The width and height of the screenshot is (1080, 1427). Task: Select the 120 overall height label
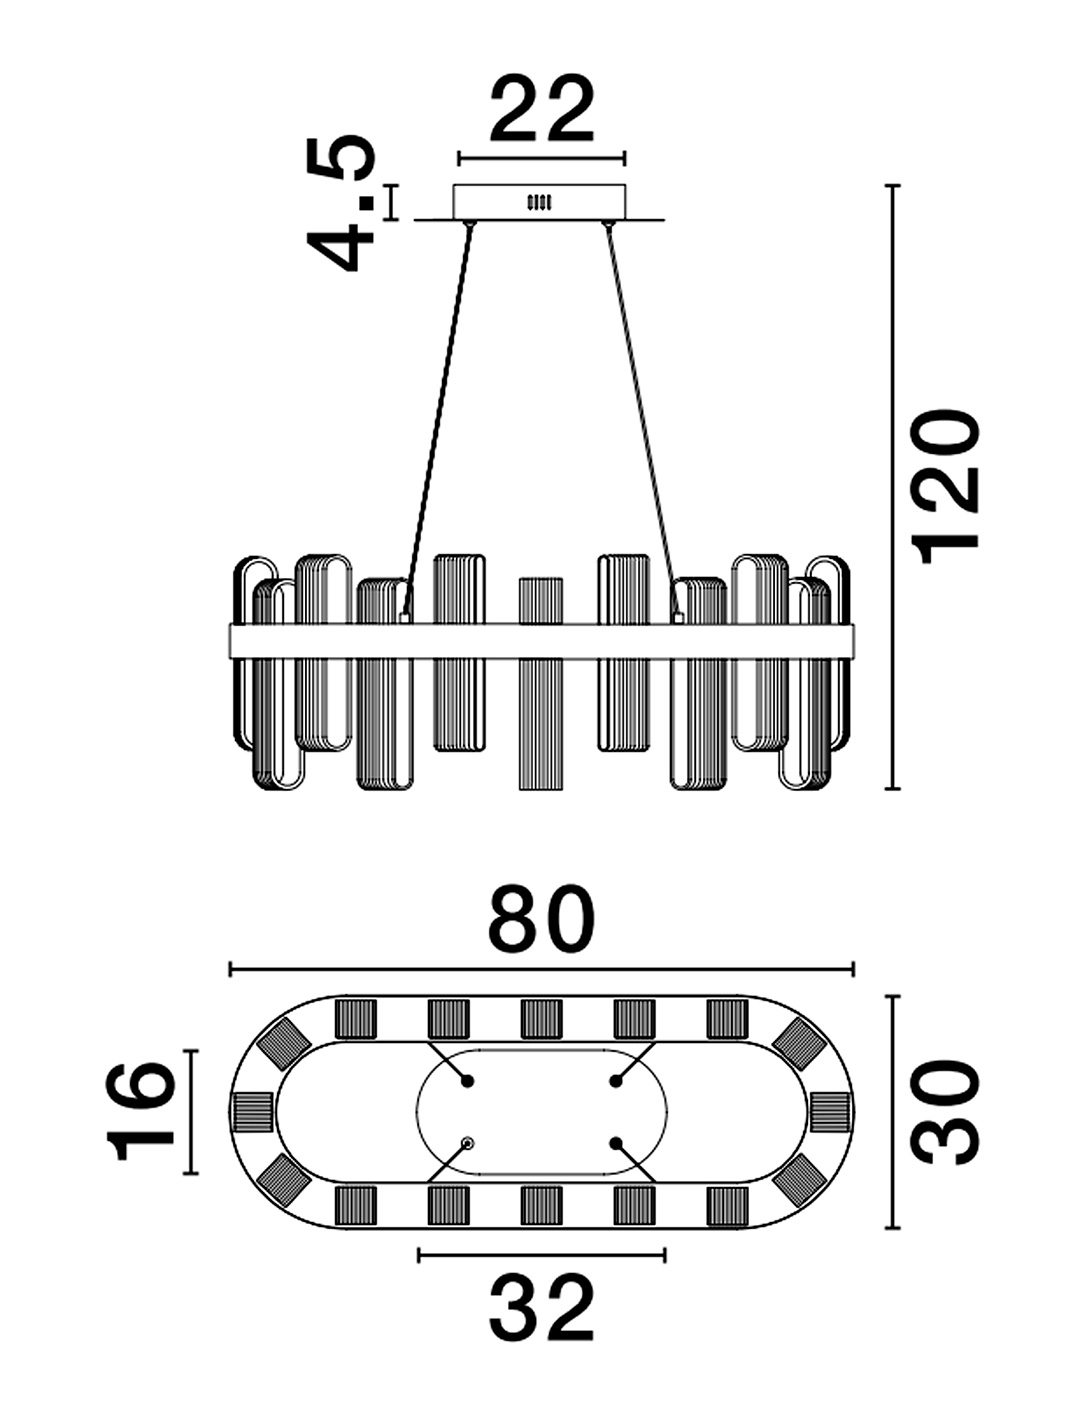click(x=945, y=486)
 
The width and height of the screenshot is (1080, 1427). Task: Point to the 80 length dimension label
click(x=541, y=919)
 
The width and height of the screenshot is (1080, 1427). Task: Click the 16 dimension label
click(x=140, y=1112)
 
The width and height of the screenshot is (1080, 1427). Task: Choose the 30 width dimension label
click(x=945, y=1112)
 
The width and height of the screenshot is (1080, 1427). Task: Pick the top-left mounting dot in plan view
click(x=467, y=1081)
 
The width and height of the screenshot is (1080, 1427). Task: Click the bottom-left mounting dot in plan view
click(x=467, y=1143)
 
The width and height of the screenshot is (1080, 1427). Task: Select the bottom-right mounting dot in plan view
click(x=615, y=1143)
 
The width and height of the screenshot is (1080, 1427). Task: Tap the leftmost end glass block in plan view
click(x=251, y=1112)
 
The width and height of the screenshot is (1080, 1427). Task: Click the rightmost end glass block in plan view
click(x=831, y=1112)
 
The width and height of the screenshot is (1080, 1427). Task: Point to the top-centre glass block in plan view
click(x=541, y=1018)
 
